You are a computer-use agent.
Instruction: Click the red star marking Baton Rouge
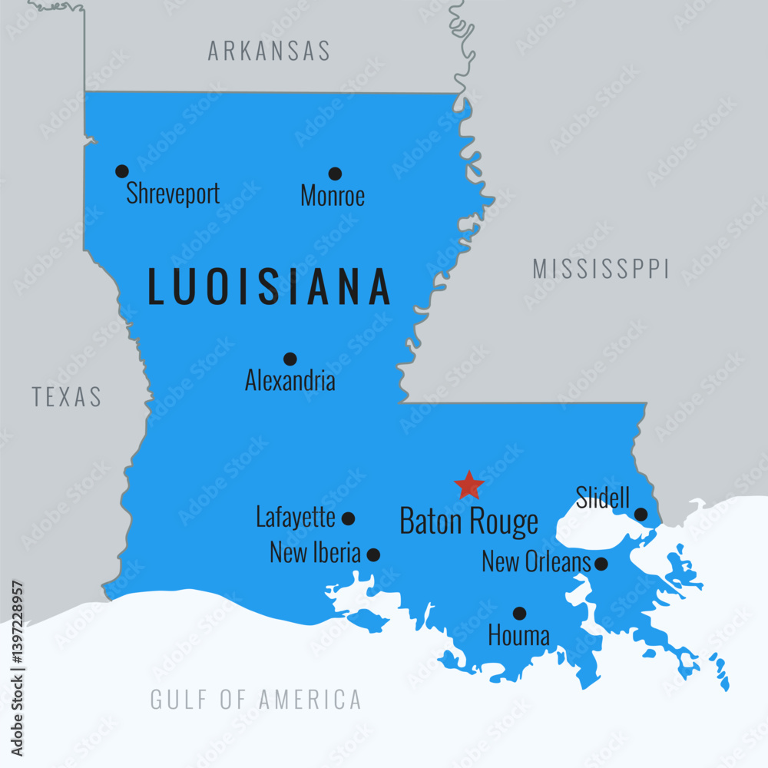point(468,485)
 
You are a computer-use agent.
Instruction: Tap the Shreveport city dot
point(121,171)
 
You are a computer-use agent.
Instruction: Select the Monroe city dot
point(335,174)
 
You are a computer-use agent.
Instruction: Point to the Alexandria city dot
point(290,359)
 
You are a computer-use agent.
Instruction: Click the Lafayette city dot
point(348,518)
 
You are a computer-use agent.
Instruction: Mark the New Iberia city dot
point(373,554)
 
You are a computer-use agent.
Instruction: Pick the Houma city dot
point(520,613)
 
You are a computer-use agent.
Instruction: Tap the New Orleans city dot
point(601,564)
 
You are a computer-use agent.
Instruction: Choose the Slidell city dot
point(641,514)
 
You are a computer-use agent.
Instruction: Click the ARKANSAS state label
point(269,51)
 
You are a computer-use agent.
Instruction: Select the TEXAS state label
point(67,396)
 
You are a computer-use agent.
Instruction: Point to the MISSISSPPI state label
point(601,269)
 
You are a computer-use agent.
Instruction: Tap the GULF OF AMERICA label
point(256,700)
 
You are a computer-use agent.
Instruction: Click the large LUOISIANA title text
point(270,286)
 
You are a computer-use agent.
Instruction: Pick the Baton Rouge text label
point(468,521)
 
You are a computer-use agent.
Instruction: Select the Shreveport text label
point(173,194)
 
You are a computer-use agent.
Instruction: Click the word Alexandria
point(290,380)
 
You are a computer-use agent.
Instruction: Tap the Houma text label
point(519,636)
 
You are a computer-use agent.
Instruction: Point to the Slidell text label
point(603,498)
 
